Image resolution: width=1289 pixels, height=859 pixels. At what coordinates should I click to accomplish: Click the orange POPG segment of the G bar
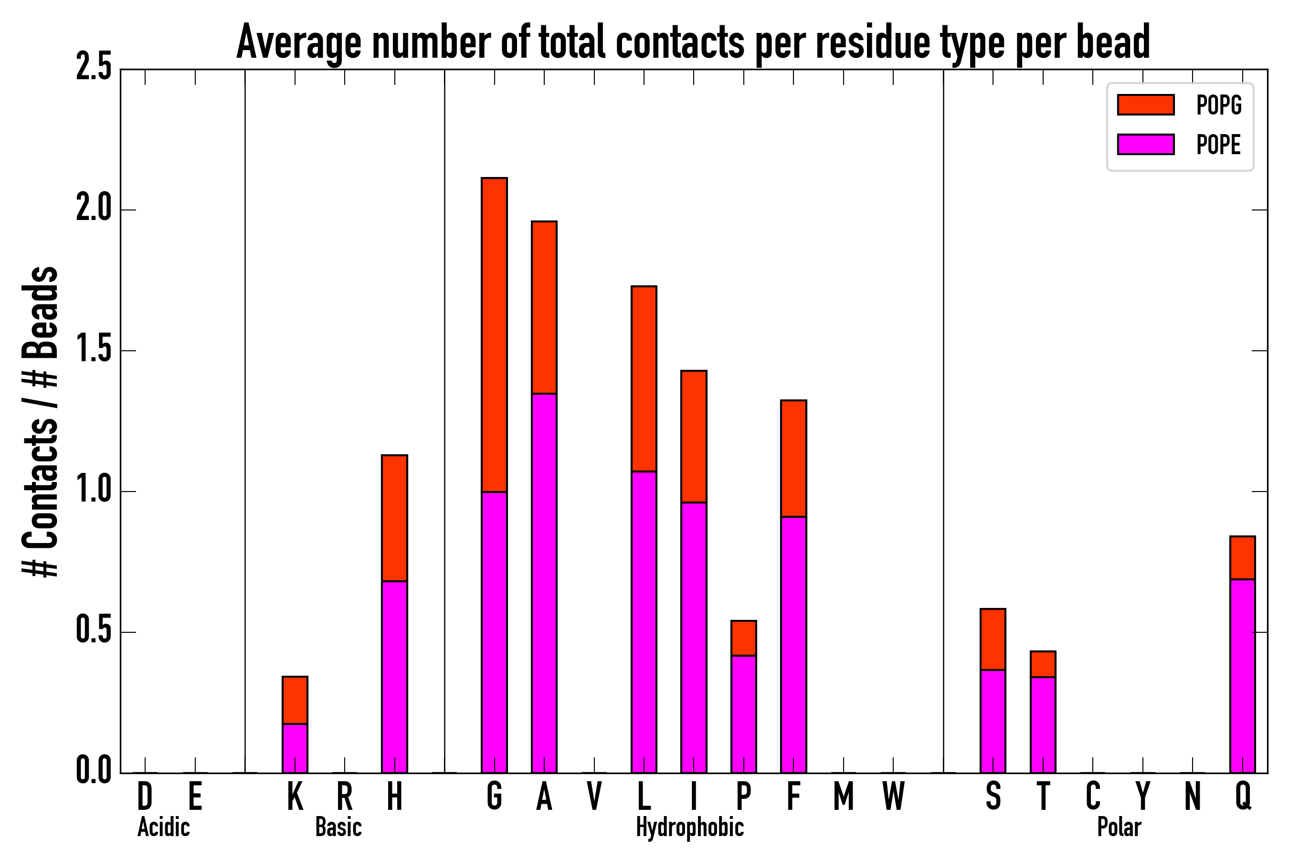(494, 335)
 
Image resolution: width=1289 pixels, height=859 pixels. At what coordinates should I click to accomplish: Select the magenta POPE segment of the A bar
(544, 583)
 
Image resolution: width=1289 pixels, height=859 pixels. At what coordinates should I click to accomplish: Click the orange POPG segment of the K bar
(295, 700)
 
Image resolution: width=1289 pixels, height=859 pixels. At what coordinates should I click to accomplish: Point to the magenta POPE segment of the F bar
(793, 644)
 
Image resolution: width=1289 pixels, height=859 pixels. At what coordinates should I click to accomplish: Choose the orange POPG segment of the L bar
(644, 378)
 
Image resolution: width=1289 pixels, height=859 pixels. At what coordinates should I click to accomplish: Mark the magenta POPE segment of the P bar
(743, 714)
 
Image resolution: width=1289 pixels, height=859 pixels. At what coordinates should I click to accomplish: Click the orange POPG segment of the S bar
(993, 639)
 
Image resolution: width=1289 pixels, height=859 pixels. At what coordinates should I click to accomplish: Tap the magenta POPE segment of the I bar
(693, 637)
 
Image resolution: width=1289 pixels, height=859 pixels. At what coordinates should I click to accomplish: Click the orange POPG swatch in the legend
(1145, 105)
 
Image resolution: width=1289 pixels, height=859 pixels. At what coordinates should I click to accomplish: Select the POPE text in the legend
(1218, 145)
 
